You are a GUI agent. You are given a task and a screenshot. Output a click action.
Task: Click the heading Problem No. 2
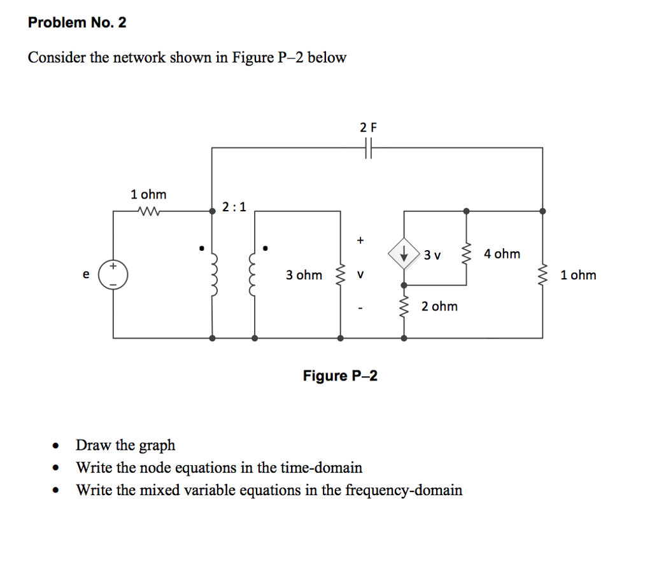point(77,23)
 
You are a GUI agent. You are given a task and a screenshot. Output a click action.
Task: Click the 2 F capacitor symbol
point(368,148)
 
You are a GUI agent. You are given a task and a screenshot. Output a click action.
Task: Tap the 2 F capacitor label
point(368,127)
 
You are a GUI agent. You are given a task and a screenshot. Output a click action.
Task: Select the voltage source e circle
point(115,274)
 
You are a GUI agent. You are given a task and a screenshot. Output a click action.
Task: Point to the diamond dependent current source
point(404,255)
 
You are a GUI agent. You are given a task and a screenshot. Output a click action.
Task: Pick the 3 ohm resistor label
point(304,275)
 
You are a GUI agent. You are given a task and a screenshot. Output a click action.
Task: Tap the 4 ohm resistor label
point(502,254)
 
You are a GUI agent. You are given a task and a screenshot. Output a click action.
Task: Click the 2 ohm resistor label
point(439,306)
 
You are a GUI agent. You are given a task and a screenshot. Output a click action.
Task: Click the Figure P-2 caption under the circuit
point(340,376)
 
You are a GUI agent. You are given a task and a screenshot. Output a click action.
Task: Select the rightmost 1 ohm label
point(578,275)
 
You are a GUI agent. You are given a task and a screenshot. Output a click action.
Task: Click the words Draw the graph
point(125,445)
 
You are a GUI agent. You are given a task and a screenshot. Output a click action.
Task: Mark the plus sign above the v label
point(360,240)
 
